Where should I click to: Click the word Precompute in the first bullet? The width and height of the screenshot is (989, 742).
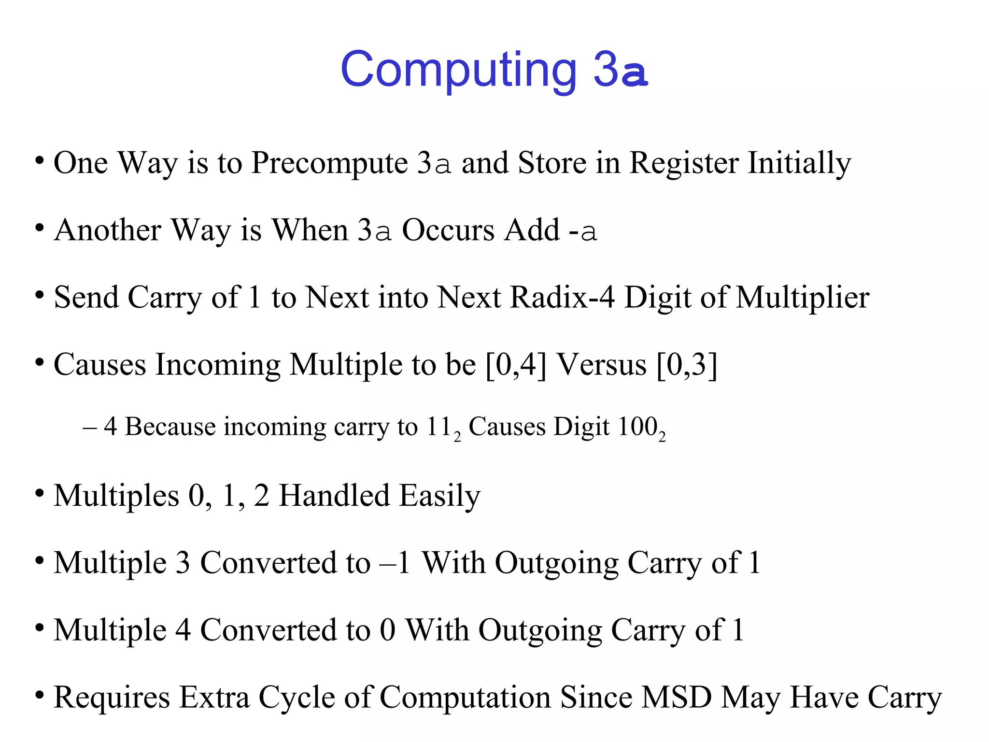click(330, 163)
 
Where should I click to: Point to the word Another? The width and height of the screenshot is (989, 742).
click(108, 230)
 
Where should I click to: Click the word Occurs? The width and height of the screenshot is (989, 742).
click(448, 230)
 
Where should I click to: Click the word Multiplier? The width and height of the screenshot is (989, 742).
click(803, 298)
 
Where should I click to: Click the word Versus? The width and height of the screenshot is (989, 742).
click(602, 364)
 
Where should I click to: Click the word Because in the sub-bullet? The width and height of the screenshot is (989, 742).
click(170, 427)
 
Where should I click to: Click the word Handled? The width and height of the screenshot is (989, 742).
click(334, 496)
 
